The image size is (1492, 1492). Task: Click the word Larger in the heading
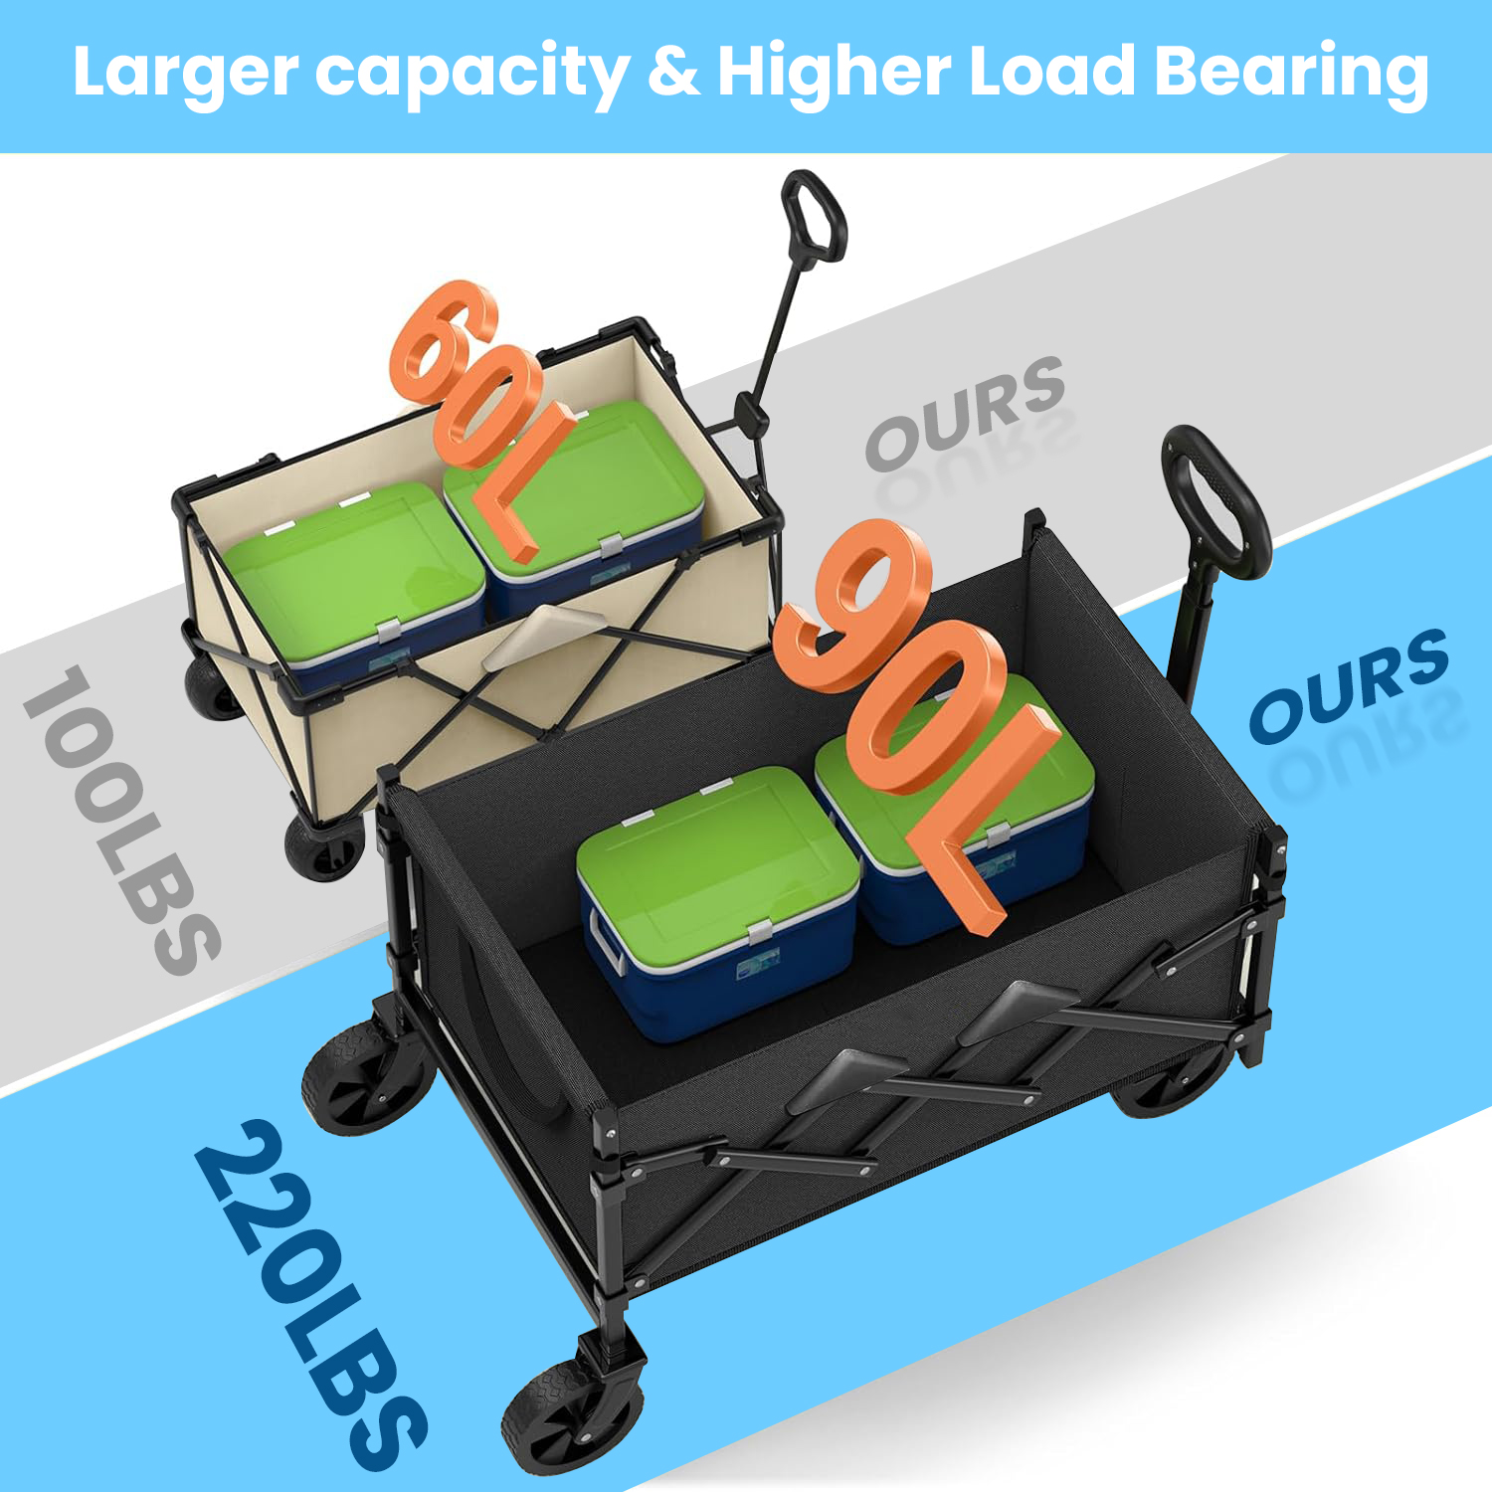(185, 74)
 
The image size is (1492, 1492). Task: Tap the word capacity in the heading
(471, 74)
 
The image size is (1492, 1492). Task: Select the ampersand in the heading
(672, 72)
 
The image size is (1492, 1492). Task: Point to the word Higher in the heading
(834, 72)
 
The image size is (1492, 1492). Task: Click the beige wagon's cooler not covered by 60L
(353, 587)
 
